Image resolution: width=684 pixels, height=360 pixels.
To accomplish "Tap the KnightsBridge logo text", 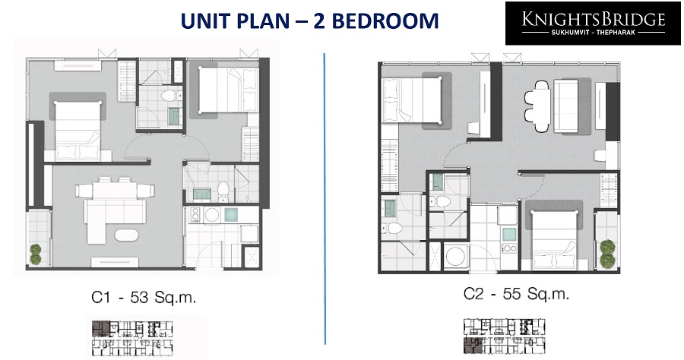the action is click(x=594, y=19).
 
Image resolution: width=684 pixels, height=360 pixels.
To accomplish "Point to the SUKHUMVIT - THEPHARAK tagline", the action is click(x=594, y=33).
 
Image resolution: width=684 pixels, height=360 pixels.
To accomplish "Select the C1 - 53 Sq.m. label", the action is click(x=144, y=297).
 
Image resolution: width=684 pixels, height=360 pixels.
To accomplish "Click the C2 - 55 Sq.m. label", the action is click(x=516, y=294).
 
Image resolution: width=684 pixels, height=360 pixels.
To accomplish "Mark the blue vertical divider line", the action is click(x=325, y=199).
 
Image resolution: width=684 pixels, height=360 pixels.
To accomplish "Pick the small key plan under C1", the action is click(x=132, y=338).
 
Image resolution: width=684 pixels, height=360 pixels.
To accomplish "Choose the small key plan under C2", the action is click(x=504, y=336).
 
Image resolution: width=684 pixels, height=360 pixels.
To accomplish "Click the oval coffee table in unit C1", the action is click(x=126, y=235).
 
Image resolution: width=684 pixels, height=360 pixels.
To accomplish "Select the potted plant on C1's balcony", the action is click(x=35, y=254).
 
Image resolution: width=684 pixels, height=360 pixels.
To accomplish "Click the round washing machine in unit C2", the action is click(x=456, y=256).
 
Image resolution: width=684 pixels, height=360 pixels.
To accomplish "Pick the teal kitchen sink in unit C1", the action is click(x=231, y=214).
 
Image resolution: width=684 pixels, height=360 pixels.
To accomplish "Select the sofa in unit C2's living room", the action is click(x=566, y=106).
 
